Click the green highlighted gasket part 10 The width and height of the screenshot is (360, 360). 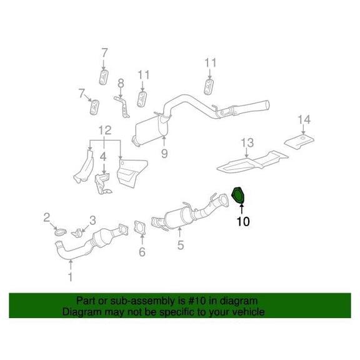[237, 196]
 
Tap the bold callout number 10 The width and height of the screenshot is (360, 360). [243, 221]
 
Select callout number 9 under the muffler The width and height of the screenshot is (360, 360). [164, 153]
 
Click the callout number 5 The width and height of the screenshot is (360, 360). [181, 245]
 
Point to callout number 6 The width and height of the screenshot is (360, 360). [142, 252]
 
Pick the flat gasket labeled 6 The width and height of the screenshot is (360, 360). [139, 227]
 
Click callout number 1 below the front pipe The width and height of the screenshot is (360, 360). [71, 277]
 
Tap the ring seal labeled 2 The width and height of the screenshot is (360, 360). [61, 232]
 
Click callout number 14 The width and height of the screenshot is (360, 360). [304, 119]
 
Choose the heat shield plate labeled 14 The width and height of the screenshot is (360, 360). [299, 141]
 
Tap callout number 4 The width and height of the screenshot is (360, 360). [103, 157]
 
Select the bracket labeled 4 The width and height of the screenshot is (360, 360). [102, 184]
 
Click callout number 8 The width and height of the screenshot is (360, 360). [121, 83]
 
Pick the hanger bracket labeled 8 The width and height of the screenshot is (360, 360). [122, 107]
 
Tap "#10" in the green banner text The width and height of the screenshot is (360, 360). [197, 301]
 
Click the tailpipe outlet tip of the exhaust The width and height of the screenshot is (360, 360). [267, 105]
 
